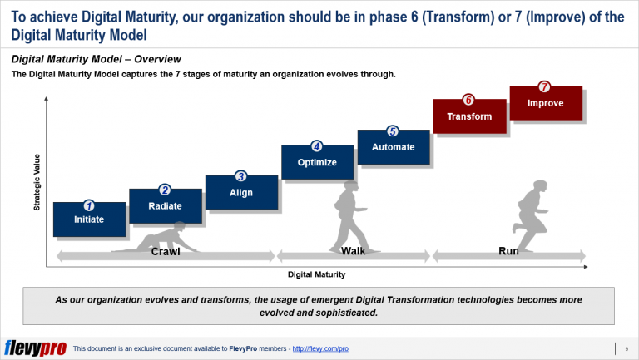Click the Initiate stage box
click(x=89, y=219)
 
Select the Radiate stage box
click(x=165, y=205)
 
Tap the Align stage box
click(x=240, y=192)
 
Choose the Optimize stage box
click(x=317, y=162)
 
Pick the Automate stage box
click(x=393, y=147)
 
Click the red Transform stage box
click(x=468, y=116)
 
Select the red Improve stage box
click(x=545, y=103)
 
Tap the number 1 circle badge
click(x=89, y=205)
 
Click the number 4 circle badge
click(x=317, y=146)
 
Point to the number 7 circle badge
click(x=545, y=86)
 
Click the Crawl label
click(x=165, y=252)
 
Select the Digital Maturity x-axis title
click(x=316, y=274)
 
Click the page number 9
click(x=625, y=348)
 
